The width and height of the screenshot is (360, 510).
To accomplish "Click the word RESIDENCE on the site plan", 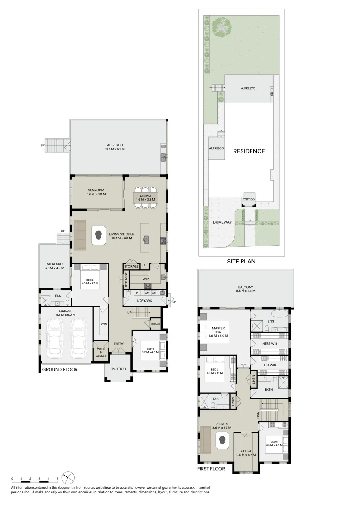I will point(249,152).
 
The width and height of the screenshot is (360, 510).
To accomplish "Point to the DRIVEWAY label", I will point(221,221).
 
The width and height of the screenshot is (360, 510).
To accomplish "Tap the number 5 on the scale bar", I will point(58,478).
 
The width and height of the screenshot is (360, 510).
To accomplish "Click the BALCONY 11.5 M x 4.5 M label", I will point(246,289).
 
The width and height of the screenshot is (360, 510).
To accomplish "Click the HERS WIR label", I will point(269,344).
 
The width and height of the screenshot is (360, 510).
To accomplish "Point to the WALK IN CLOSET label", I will point(100,353).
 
